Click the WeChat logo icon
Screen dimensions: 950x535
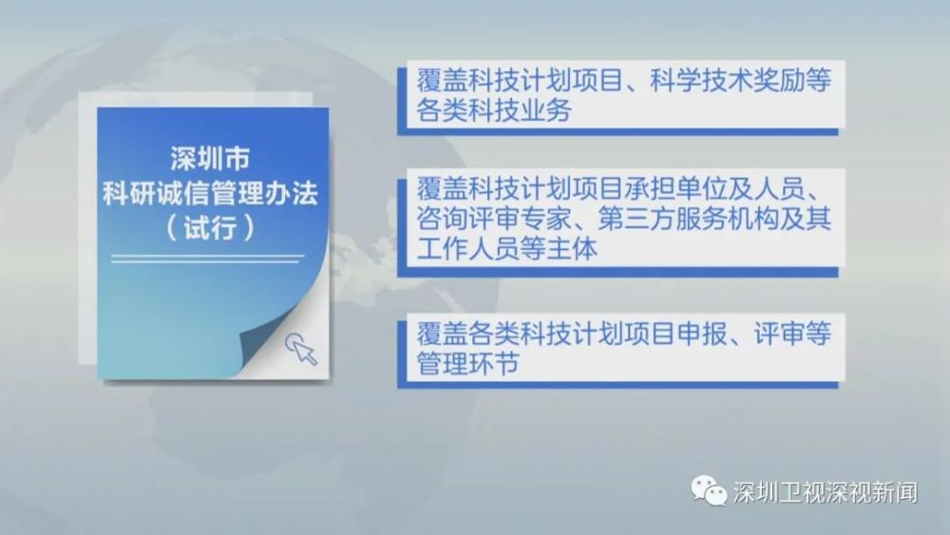click(709, 490)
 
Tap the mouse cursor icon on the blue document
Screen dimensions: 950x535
click(301, 349)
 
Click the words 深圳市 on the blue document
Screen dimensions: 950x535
click(210, 159)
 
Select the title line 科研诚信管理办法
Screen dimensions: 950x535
click(210, 193)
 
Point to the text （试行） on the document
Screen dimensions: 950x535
click(210, 228)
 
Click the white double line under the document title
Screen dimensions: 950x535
click(208, 258)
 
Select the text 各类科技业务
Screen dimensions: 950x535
click(494, 110)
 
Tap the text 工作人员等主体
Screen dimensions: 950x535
click(507, 248)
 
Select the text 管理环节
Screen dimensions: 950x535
click(467, 364)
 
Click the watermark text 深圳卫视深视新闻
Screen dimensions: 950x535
click(826, 492)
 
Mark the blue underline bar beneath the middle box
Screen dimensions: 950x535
click(618, 272)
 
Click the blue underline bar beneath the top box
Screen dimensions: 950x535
click(618, 131)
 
